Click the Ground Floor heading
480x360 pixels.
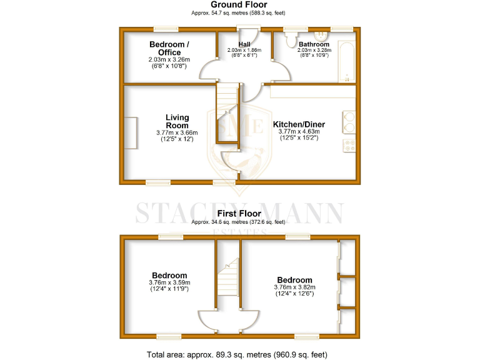239,4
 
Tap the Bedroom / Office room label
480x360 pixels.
169,48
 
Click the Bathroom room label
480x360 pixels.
313,44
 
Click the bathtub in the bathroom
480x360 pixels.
347,62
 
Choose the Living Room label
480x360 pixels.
177,121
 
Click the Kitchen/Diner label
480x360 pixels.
299,124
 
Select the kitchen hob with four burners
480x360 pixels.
349,146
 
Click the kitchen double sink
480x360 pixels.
349,121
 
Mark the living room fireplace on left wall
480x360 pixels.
131,133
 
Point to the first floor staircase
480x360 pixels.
231,278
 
